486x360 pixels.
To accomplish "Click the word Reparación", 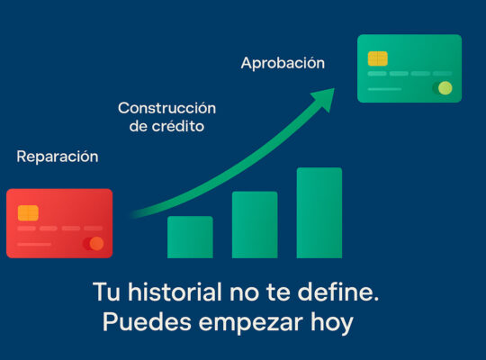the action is click(x=58, y=157).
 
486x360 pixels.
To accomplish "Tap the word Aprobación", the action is click(x=283, y=63).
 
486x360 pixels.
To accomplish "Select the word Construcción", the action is click(x=166, y=108).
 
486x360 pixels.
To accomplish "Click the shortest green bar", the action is click(x=190, y=238).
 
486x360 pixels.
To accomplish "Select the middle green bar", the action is click(x=255, y=225).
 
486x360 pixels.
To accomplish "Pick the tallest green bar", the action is click(x=319, y=212).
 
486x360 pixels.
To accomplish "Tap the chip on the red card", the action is click(x=28, y=212).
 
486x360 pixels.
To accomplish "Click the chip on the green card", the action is click(x=377, y=58).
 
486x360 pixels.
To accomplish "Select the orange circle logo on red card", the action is click(x=96, y=244).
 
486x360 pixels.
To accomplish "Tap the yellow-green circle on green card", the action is click(x=445, y=88).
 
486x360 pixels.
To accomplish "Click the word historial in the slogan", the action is click(x=175, y=292).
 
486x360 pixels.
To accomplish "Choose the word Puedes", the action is click(x=147, y=322).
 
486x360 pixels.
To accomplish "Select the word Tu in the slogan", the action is click(x=106, y=292).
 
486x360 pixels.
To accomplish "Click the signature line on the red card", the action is click(x=34, y=244).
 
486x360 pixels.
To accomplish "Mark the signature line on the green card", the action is click(x=384, y=89).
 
